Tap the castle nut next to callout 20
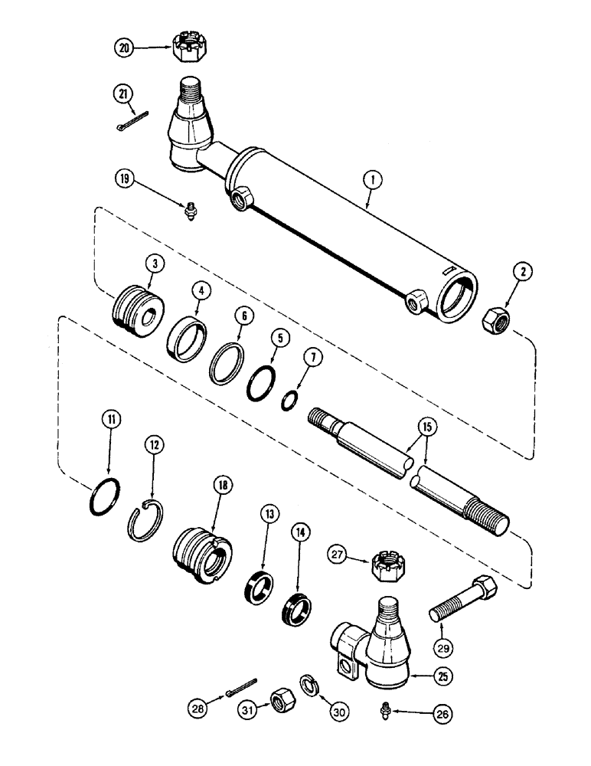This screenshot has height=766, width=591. coord(188,47)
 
